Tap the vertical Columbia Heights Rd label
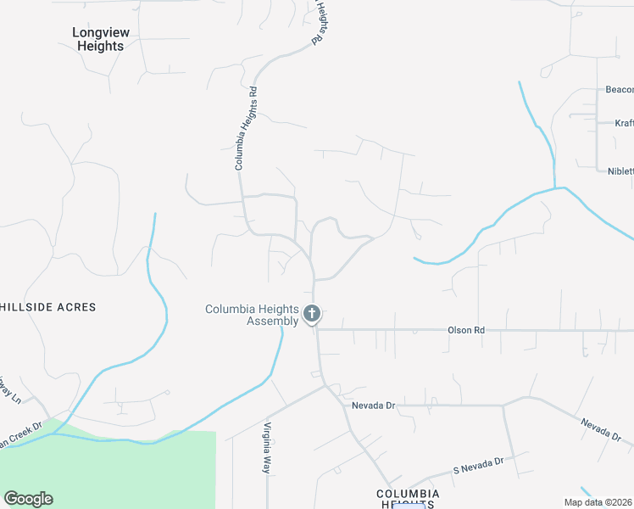coord(246,127)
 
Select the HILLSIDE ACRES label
coord(48,307)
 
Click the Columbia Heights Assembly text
coord(252,315)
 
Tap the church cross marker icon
coord(312,315)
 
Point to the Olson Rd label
coord(466,329)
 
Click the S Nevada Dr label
coord(478,465)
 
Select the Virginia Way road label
coord(266,447)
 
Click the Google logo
coord(28,499)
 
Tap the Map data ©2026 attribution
coord(598,502)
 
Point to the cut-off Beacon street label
coord(619,90)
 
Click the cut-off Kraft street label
coord(624,124)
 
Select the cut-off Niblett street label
coord(620,171)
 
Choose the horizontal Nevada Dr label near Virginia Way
coord(374,406)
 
